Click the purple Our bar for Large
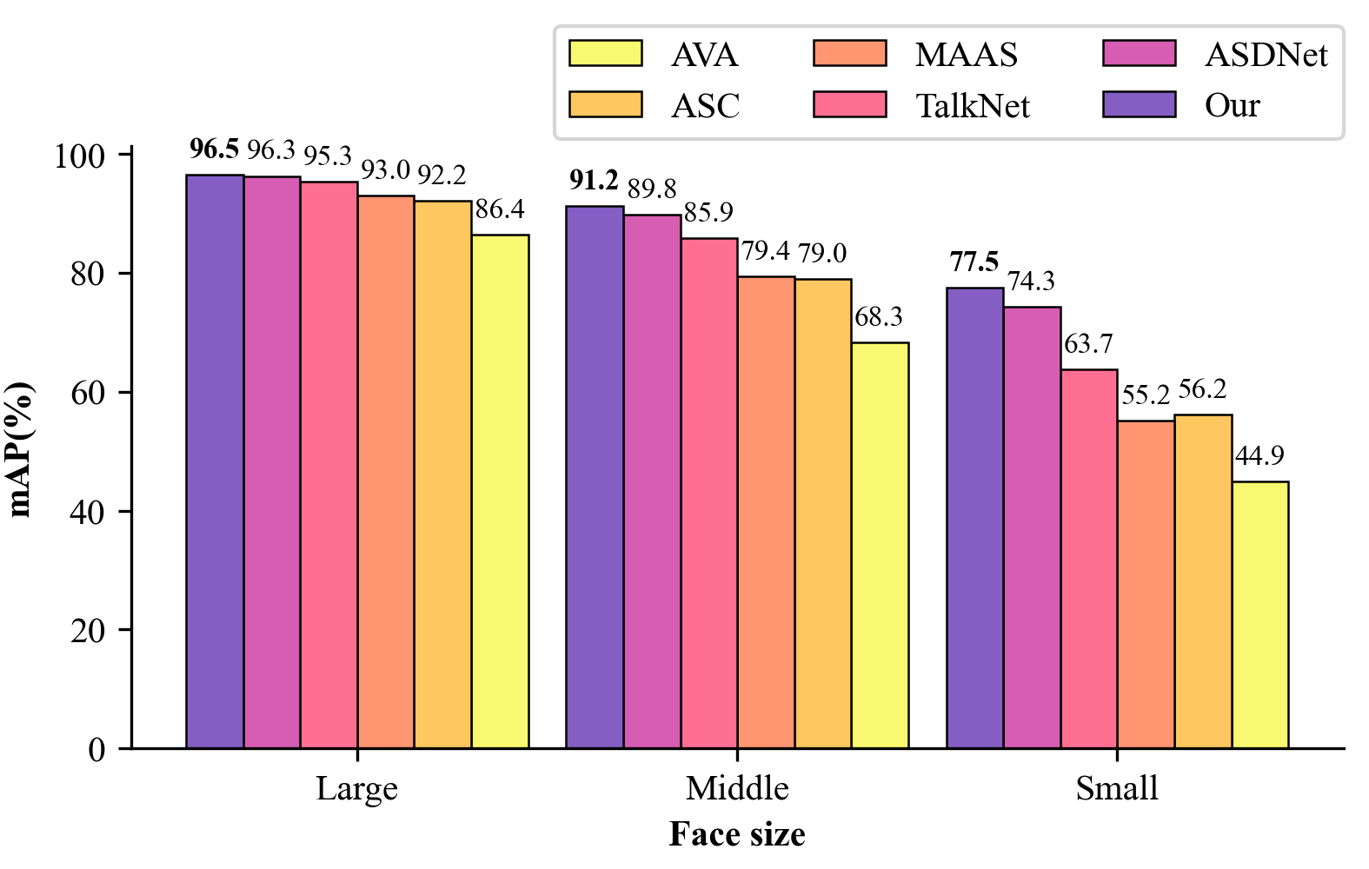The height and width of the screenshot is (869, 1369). point(215,461)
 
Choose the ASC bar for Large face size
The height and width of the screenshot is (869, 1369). point(442,474)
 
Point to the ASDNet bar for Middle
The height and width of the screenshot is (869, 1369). point(652,481)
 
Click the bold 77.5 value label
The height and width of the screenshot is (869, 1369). point(974,262)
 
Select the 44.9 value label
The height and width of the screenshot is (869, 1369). point(1259,455)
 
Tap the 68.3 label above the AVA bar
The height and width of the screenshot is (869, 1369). point(879,317)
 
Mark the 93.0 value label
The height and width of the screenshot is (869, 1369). point(385,169)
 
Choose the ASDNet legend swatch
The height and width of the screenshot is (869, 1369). point(1140,54)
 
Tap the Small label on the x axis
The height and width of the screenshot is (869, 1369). point(1117,789)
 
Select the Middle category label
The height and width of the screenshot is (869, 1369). point(737,789)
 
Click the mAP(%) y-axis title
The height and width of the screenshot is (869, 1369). point(22,449)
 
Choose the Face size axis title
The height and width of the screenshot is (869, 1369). point(737,834)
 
